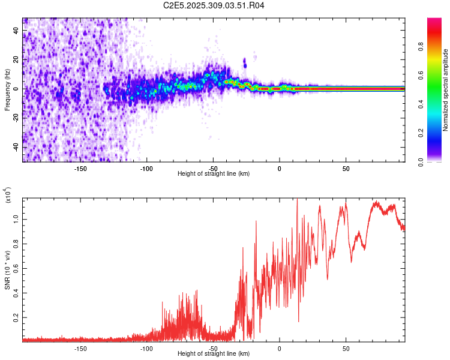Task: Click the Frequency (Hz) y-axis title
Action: pyautogui.click(x=7, y=89)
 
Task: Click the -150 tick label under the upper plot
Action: pyautogui.click(x=80, y=168)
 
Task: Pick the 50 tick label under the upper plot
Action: pyautogui.click(x=346, y=168)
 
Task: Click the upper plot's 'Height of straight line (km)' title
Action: pyautogui.click(x=214, y=174)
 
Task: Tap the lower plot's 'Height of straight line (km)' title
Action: pyautogui.click(x=214, y=354)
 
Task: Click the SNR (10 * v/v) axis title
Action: pyautogui.click(x=7, y=269)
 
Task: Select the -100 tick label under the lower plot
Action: pyautogui.click(x=146, y=348)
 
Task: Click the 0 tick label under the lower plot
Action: pyautogui.click(x=280, y=348)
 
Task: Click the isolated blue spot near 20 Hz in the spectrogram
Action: pyautogui.click(x=245, y=62)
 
